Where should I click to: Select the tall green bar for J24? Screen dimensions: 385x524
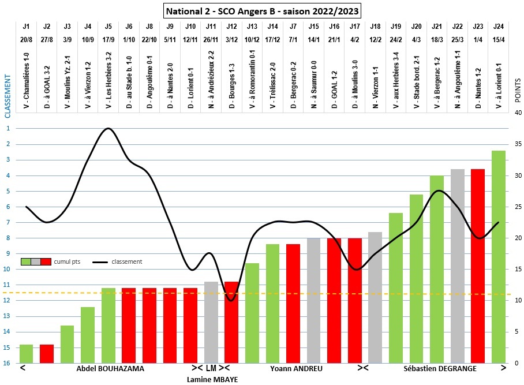point(499,257)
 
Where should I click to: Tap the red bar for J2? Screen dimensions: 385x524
point(47,353)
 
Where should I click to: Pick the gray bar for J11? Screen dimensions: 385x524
point(211,322)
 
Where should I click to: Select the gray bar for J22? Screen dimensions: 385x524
point(458,266)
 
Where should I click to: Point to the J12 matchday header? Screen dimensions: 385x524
point(231,26)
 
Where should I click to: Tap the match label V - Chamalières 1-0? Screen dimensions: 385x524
point(27,81)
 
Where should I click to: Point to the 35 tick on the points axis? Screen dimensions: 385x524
point(518,144)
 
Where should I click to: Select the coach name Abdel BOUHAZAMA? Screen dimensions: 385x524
point(110,368)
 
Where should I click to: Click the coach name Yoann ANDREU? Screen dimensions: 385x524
point(296,368)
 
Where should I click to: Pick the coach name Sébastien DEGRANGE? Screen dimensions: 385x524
point(440,368)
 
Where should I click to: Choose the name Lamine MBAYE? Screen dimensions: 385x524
point(212,379)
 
